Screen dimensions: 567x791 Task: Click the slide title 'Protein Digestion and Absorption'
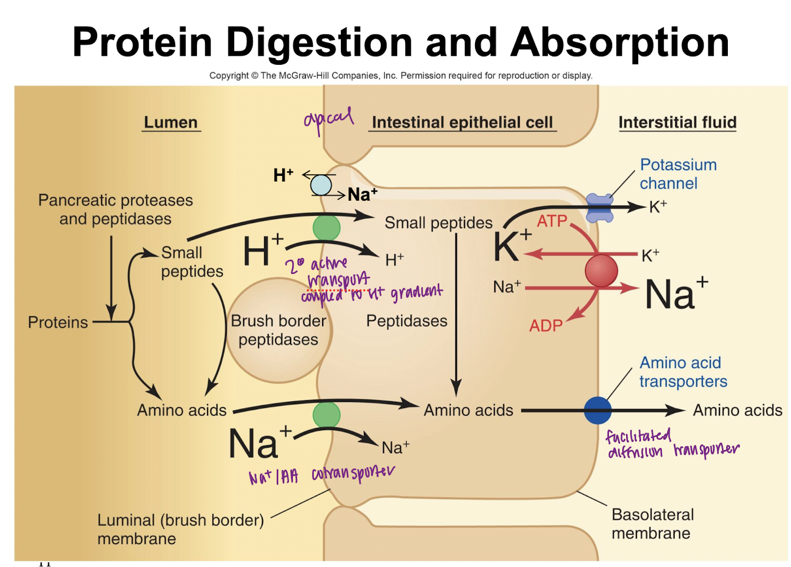point(401,42)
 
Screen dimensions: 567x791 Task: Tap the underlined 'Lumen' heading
point(171,122)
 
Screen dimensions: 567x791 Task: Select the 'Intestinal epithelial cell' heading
point(462,122)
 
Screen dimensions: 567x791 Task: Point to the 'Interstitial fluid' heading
point(677,122)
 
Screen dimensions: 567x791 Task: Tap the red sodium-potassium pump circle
point(601,271)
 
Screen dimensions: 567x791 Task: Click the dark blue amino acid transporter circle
point(597,410)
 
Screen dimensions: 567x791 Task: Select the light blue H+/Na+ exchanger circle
point(321,185)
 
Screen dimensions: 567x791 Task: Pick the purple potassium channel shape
point(600,207)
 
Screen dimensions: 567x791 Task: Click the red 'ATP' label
point(552,221)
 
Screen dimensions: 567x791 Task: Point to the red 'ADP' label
point(546,326)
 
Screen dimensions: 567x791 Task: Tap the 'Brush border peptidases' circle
point(279,330)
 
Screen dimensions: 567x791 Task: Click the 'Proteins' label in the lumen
point(58,322)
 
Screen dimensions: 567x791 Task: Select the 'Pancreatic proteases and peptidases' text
point(116,210)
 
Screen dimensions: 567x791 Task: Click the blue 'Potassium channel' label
point(678,174)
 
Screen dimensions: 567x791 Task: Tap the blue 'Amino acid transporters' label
point(683,372)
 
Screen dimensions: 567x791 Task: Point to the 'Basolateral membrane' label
point(652,524)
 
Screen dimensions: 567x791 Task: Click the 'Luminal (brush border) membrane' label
point(180,529)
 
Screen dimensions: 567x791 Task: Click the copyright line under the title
point(401,76)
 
